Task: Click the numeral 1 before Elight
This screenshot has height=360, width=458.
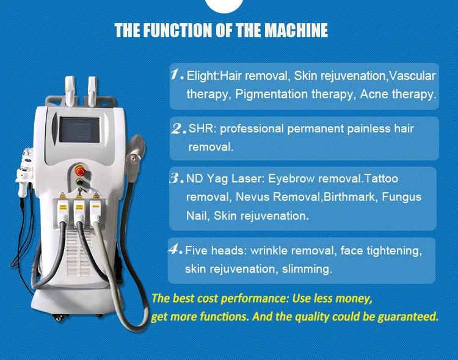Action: tap(176, 76)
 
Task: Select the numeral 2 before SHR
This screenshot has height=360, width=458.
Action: tap(178, 129)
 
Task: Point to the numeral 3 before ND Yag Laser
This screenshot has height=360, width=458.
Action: tap(176, 179)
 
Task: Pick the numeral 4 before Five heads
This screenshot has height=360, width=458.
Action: tap(175, 250)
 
